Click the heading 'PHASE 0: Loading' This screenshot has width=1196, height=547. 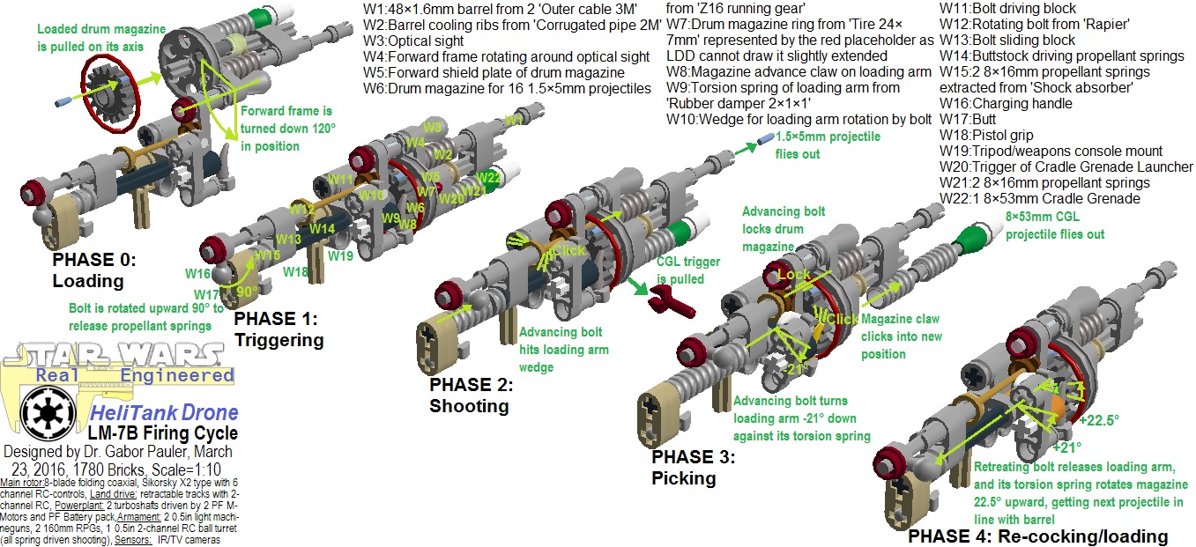pyautogui.click(x=93, y=270)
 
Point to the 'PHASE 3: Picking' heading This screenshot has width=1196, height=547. pyautogui.click(x=693, y=467)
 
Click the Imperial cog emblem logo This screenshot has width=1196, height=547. pyautogui.click(x=43, y=410)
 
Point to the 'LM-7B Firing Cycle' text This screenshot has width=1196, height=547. pyautogui.click(x=162, y=432)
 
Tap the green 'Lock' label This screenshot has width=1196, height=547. pyautogui.click(x=792, y=275)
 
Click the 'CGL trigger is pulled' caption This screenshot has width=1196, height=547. pyautogui.click(x=688, y=270)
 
